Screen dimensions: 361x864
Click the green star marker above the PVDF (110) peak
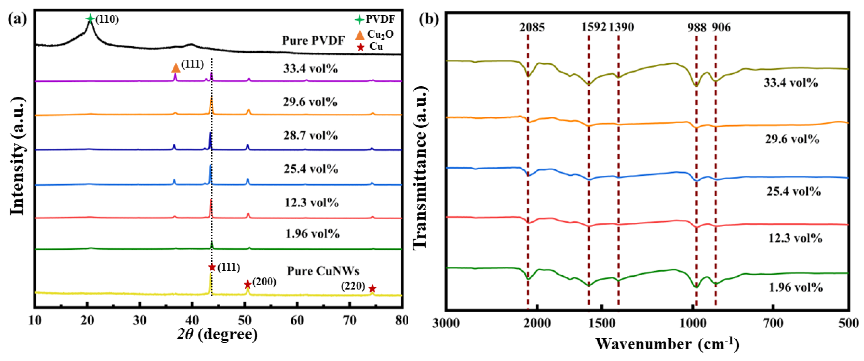pos(90,18)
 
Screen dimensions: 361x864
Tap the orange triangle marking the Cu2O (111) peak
pos(175,68)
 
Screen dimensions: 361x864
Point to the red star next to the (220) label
pos(372,289)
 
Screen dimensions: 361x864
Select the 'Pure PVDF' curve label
pos(313,41)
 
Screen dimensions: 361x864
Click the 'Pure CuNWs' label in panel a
pos(323,271)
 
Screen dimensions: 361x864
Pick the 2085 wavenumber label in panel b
pos(532,27)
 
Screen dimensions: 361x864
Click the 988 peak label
pos(697,27)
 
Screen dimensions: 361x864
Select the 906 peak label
pos(721,27)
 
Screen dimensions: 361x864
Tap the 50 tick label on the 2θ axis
pos(245,320)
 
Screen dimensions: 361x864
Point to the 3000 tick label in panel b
pos(446,323)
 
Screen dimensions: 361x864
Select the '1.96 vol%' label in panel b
pos(796,287)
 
